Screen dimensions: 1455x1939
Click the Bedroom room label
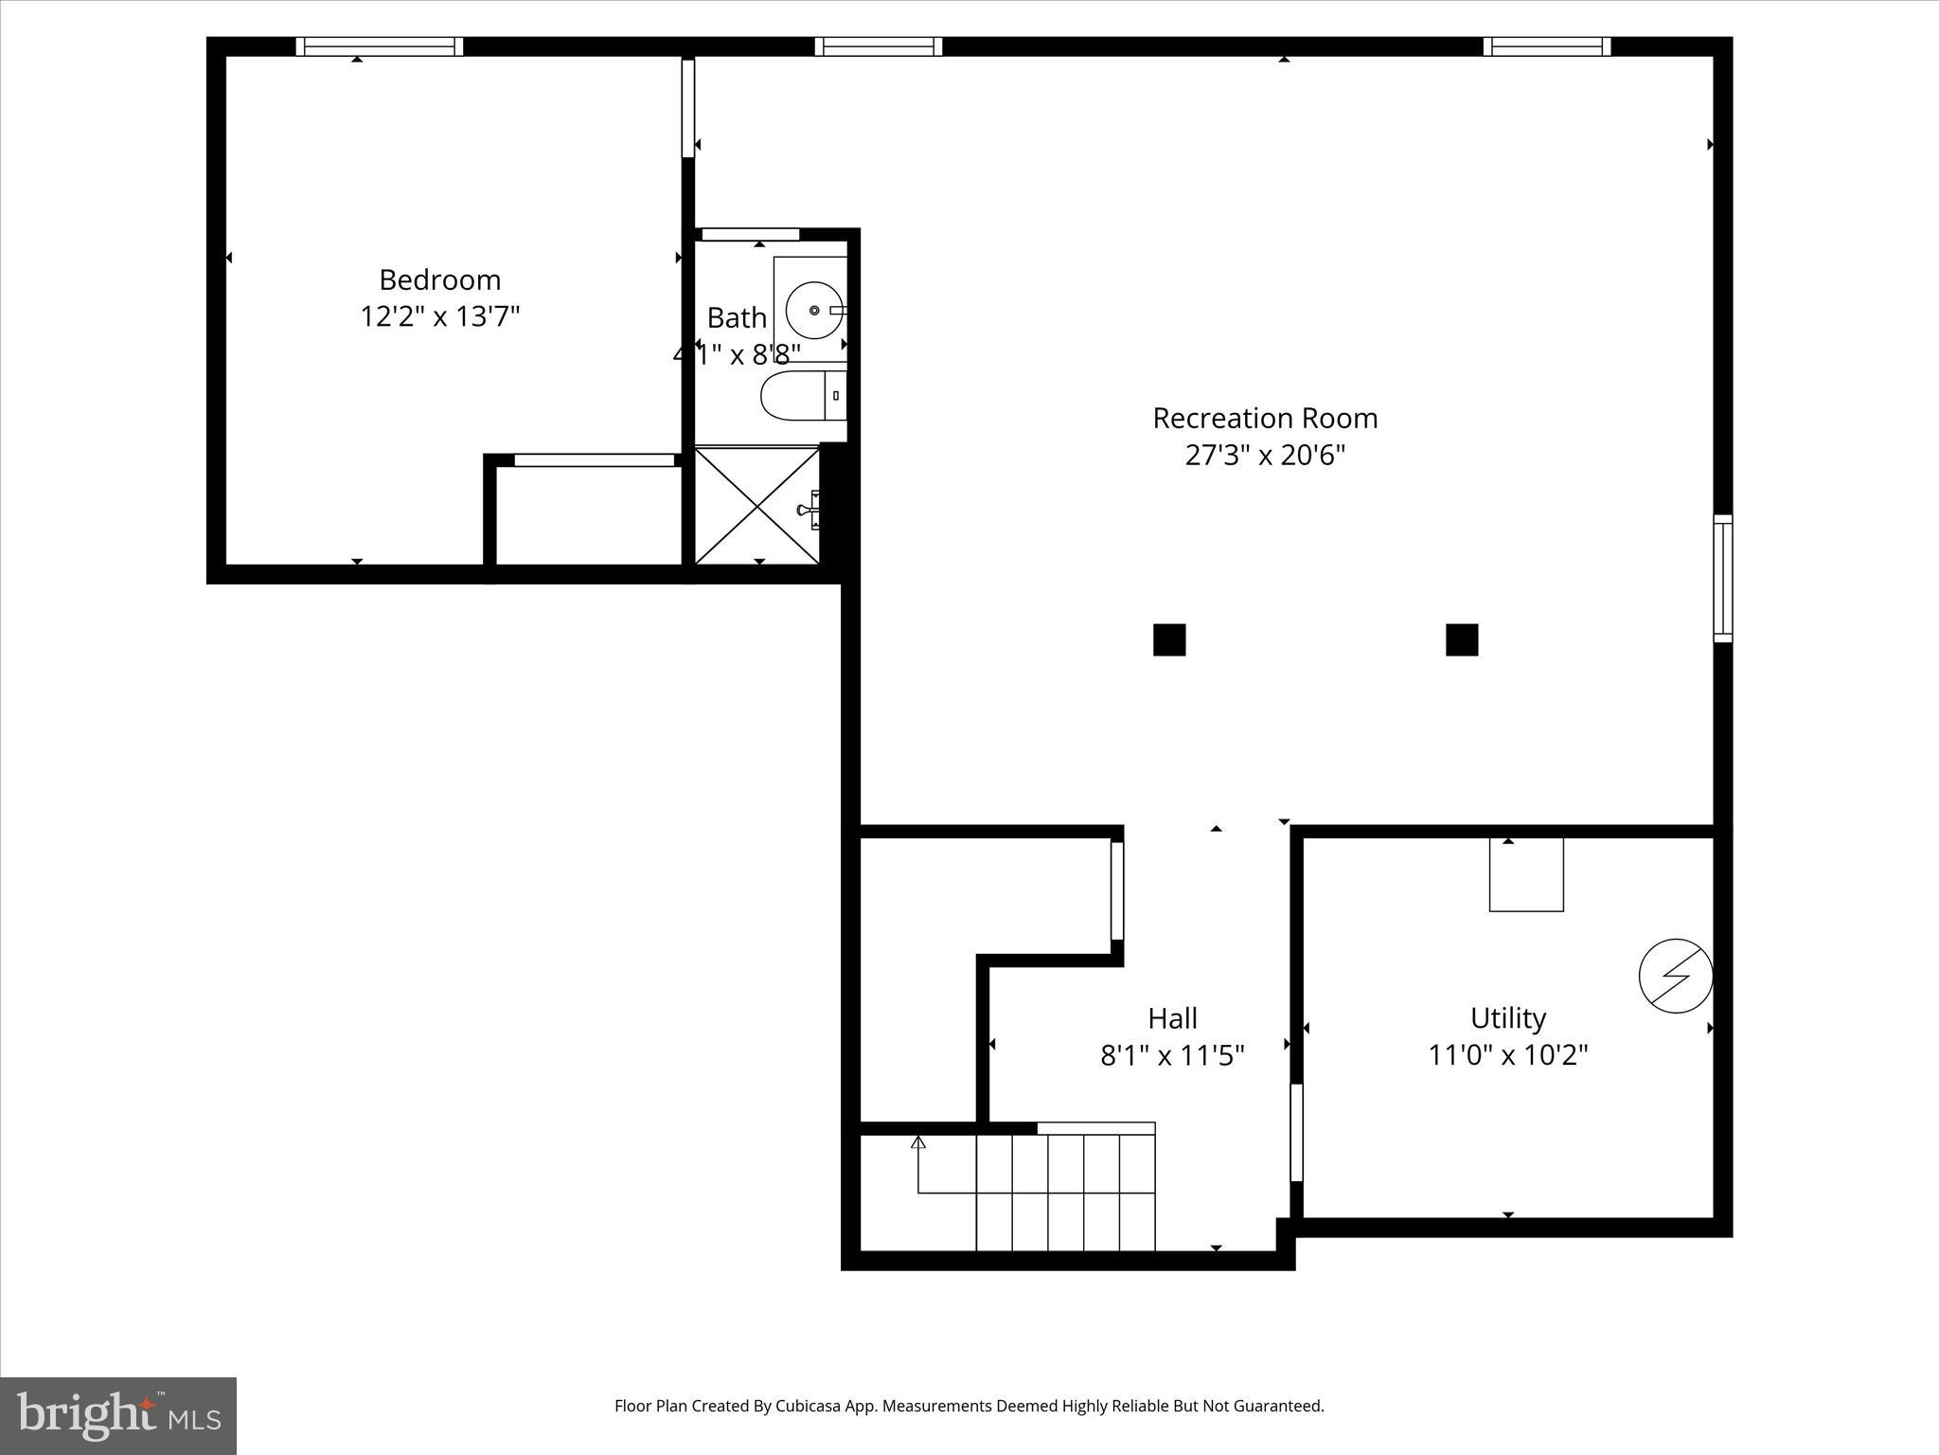[x=439, y=280]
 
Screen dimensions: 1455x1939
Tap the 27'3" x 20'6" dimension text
[x=1265, y=456]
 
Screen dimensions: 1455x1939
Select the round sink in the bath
[x=814, y=310]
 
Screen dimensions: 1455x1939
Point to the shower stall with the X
[x=756, y=506]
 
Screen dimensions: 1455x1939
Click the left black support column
[x=1169, y=639]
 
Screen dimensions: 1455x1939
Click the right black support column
[x=1462, y=639]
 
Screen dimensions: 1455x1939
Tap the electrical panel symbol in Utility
[x=1676, y=976]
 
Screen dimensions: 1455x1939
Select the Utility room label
[x=1508, y=1018]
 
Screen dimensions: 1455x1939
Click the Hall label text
[x=1172, y=1018]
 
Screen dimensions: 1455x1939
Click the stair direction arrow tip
[x=917, y=1142]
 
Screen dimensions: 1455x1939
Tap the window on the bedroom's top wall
[x=380, y=46]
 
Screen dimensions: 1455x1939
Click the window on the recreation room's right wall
[x=1723, y=579]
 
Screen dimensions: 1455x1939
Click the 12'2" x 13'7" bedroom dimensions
[x=439, y=316]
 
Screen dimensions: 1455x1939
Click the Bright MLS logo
[x=118, y=1416]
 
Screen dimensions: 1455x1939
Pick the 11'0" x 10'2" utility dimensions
[x=1508, y=1054]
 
